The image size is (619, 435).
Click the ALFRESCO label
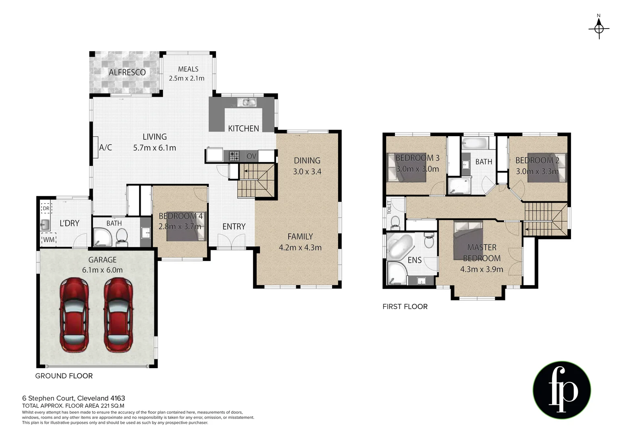(127, 72)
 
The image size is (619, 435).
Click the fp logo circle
(562, 390)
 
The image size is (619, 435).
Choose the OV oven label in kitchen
(251, 156)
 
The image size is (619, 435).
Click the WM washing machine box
(48, 239)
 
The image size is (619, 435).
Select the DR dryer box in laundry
(46, 208)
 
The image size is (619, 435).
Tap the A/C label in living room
(106, 147)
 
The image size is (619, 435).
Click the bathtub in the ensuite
(399, 246)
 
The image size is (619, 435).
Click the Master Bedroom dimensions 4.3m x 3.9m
(482, 269)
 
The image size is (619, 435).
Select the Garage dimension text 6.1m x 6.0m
(102, 270)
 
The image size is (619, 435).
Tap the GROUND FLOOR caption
(64, 376)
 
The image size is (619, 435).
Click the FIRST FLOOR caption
(405, 307)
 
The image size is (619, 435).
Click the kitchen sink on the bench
(246, 102)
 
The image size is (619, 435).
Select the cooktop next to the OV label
(234, 156)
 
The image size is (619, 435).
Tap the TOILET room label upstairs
(389, 207)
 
